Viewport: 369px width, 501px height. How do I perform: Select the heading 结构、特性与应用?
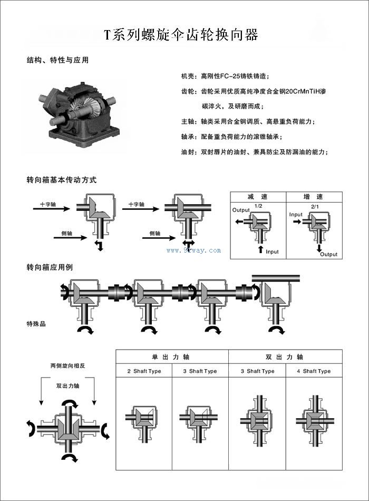tap(57, 60)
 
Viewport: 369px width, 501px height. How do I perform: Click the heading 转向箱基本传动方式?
tap(62, 180)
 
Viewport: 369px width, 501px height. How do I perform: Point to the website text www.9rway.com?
tap(193, 250)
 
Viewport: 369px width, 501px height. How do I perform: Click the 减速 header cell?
tap(258, 196)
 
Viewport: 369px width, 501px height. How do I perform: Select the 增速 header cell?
tap(313, 196)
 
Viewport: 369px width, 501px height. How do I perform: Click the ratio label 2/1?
tap(316, 205)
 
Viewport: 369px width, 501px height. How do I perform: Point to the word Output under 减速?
tap(241, 210)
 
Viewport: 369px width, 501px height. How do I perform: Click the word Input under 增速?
tap(296, 215)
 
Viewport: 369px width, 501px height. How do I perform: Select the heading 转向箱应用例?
tap(50, 267)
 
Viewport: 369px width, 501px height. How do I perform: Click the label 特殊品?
tap(36, 323)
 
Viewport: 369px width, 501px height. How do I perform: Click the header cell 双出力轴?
tap(285, 357)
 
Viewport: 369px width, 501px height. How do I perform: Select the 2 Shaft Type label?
tap(144, 371)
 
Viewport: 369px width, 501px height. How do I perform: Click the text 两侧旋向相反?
tap(67, 366)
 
